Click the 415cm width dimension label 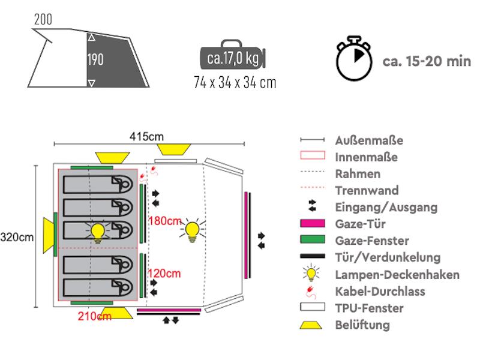(146, 137)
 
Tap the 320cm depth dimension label (17, 237)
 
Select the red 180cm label (165, 221)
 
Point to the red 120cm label (164, 274)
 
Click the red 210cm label (95, 316)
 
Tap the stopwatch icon (354, 58)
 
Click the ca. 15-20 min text (427, 61)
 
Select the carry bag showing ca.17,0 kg (233, 56)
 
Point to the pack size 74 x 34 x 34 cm (235, 83)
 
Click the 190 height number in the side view (95, 59)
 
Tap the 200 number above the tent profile (43, 19)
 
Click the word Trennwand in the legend (367, 190)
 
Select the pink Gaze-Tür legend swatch (313, 223)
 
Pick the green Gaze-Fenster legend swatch (313, 239)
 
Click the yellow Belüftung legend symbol (311, 325)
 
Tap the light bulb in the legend (311, 273)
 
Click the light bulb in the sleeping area (98, 232)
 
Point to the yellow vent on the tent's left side (49, 235)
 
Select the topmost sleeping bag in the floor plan (98, 184)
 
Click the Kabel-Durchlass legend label (380, 292)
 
